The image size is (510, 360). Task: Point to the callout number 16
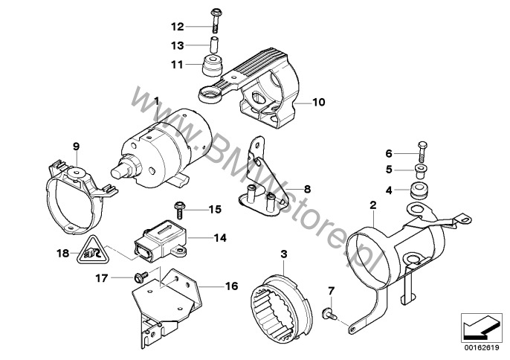point(231,285)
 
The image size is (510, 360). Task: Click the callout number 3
point(283,254)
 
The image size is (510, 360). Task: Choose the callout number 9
point(75,147)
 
